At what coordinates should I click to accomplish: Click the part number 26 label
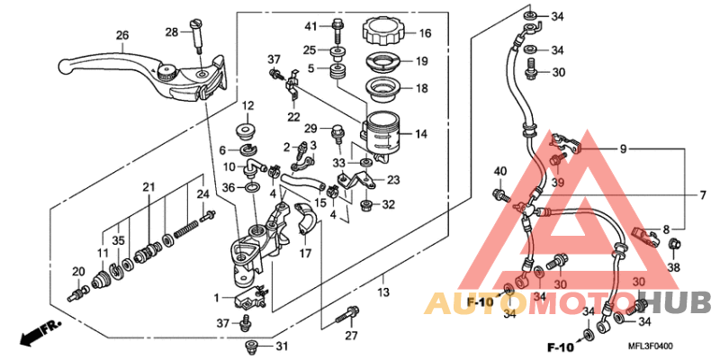[122, 36]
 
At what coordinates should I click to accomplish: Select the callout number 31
[282, 347]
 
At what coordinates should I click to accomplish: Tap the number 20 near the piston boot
[78, 273]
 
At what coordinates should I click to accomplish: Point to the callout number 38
[674, 268]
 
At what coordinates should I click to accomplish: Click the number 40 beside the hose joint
[500, 171]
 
